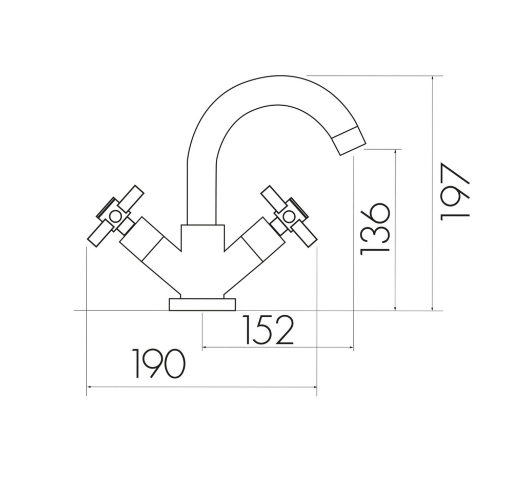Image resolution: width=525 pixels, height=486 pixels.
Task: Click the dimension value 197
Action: [455, 191]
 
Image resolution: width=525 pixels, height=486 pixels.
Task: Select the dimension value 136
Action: [375, 229]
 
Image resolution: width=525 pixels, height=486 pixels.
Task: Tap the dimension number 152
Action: [268, 330]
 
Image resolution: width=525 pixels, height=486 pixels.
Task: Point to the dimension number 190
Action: [158, 363]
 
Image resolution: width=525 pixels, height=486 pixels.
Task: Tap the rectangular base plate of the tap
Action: [202, 304]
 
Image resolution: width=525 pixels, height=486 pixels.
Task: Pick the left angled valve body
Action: [149, 251]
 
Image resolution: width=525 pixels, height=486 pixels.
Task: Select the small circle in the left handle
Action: [116, 216]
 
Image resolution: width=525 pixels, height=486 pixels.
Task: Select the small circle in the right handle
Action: [289, 216]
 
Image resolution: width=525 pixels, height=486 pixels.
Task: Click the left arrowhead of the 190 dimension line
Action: [88, 387]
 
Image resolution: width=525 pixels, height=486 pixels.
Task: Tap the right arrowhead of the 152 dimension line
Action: [352, 348]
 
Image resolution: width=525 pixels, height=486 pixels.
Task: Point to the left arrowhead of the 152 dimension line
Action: [205, 348]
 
